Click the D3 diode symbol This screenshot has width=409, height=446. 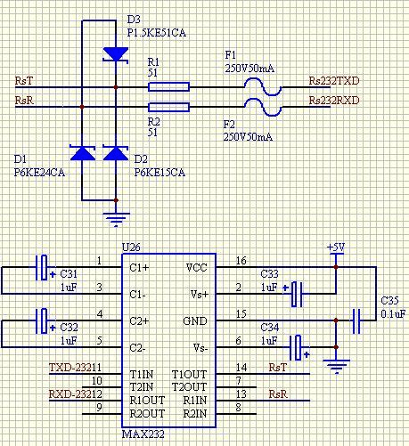(x=116, y=54)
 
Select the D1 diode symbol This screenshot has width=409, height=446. (x=83, y=153)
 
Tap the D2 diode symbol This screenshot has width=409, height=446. (x=116, y=153)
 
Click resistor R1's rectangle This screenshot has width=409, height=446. (x=168, y=87)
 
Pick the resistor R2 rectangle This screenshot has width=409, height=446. (x=168, y=107)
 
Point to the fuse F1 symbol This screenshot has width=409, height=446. (x=263, y=86)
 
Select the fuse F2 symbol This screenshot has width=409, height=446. (x=263, y=107)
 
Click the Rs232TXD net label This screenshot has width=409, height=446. (x=334, y=81)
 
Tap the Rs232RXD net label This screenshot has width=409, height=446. (x=334, y=101)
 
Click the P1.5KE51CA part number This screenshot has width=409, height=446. (x=157, y=33)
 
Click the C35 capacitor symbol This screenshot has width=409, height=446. (x=356, y=320)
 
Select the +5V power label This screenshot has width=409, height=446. (x=336, y=247)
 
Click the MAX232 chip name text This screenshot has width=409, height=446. (x=143, y=434)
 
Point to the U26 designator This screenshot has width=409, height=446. (x=131, y=247)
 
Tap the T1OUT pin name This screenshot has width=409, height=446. (x=189, y=375)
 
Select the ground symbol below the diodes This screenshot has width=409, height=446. (x=116, y=220)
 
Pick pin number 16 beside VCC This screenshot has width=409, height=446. (x=241, y=261)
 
